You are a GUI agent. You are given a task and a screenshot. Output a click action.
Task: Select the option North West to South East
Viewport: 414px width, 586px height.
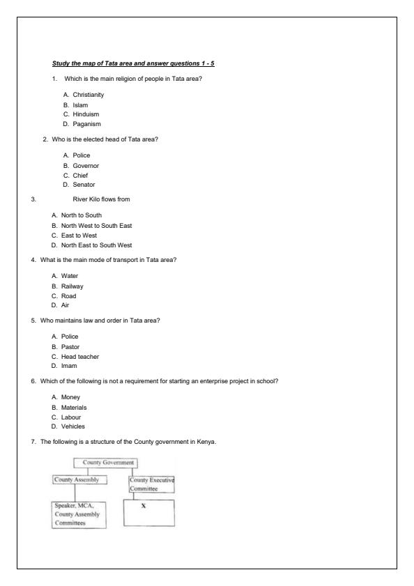point(91,226)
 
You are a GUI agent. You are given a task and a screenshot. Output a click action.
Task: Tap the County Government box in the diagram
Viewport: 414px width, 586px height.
point(105,463)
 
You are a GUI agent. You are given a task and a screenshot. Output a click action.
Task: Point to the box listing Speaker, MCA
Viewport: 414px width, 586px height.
point(79,515)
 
